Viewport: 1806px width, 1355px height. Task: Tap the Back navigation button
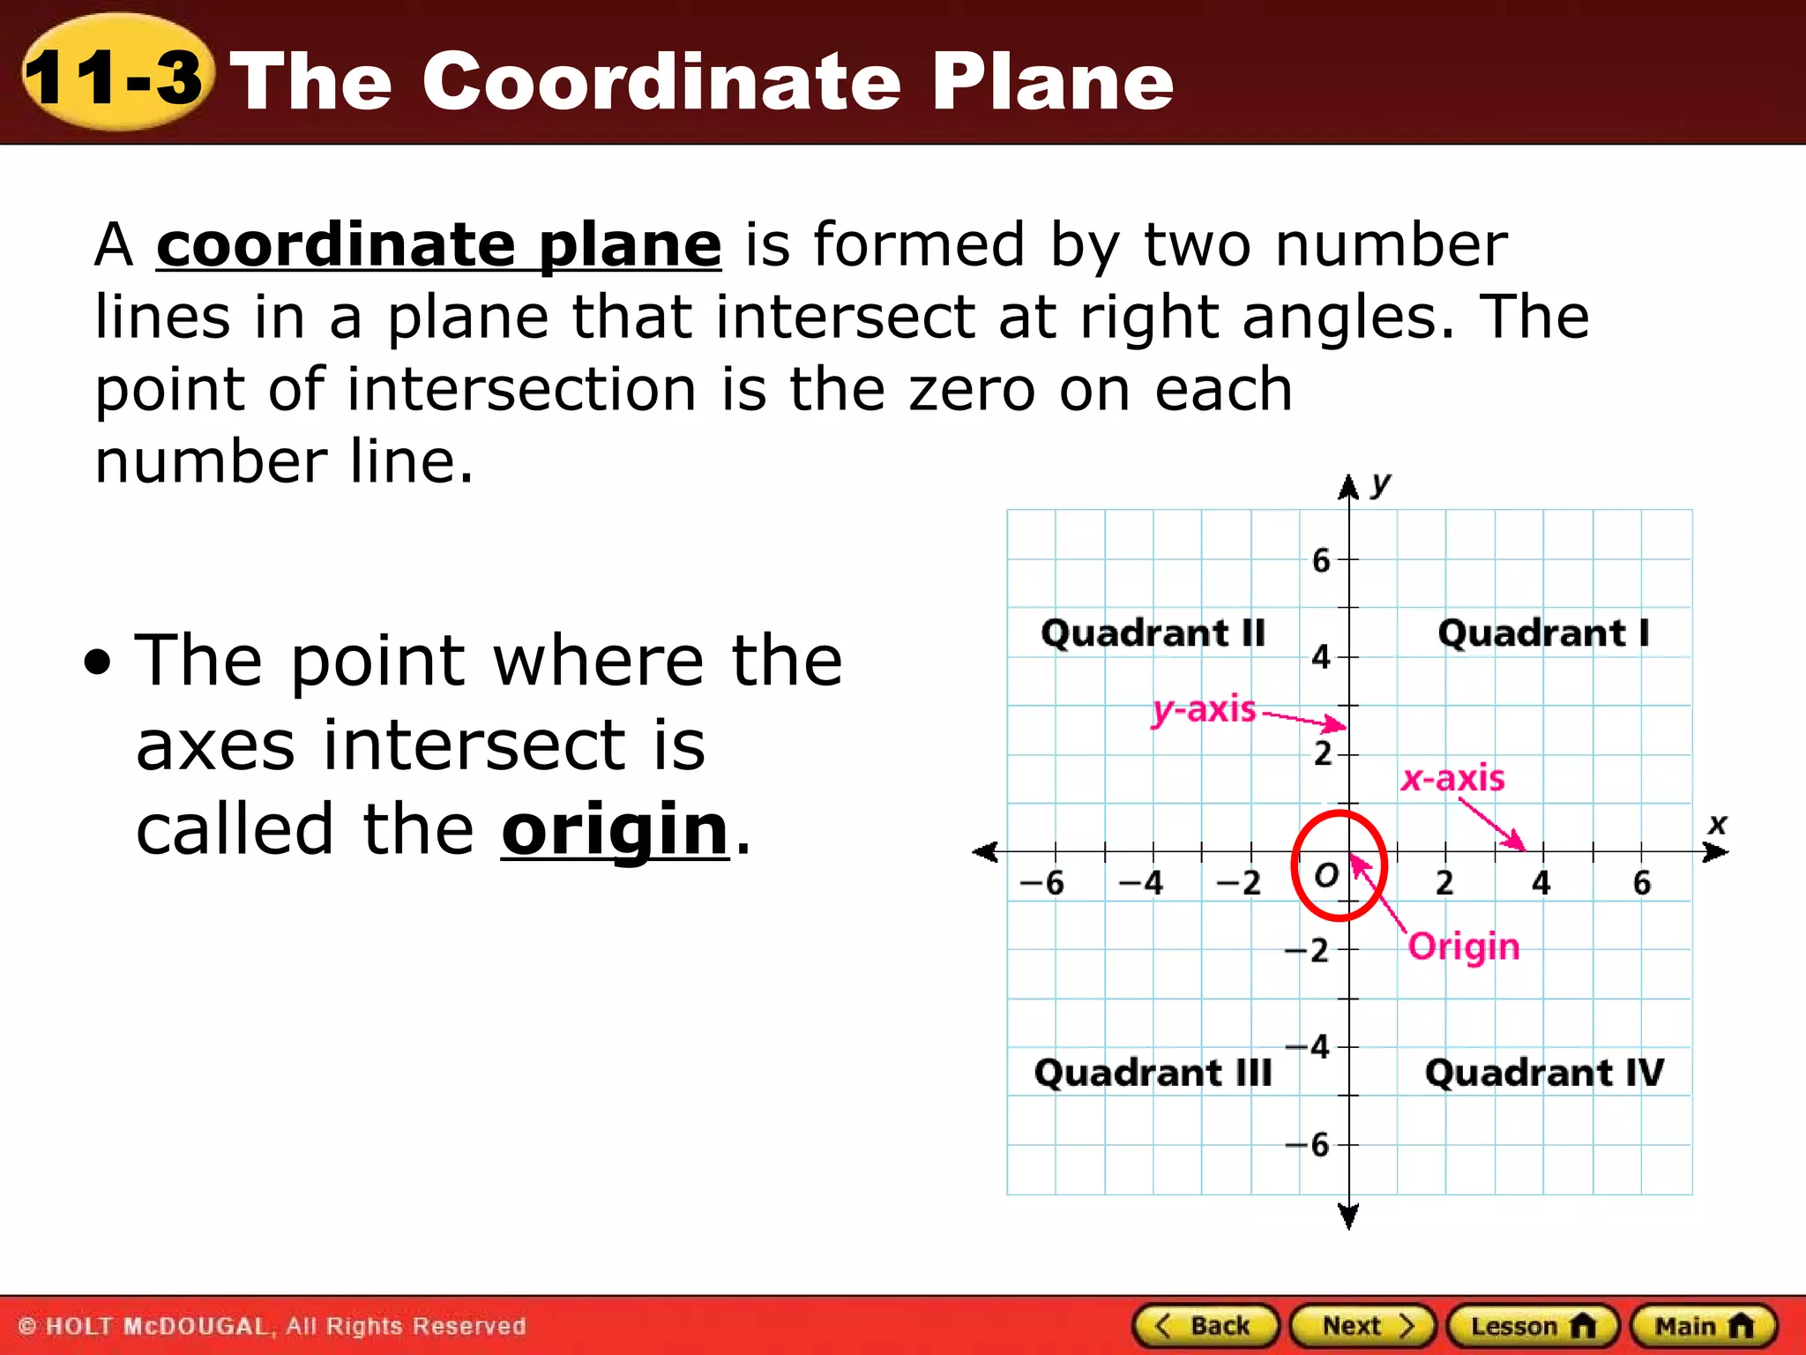point(1205,1326)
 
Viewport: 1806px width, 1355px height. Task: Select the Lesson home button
point(1533,1326)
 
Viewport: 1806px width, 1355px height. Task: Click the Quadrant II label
point(1153,633)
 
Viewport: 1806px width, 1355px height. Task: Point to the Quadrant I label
point(1543,633)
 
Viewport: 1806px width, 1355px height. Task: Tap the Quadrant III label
point(1153,1073)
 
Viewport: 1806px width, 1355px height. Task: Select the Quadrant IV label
point(1544,1073)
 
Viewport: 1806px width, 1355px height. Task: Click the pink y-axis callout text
point(1205,709)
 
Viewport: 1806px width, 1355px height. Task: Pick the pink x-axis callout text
point(1453,778)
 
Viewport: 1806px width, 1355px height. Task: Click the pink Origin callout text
point(1464,947)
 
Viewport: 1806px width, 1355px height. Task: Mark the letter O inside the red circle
point(1326,875)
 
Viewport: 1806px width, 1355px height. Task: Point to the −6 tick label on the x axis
point(1042,882)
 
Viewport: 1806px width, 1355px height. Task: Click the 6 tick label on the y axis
point(1321,560)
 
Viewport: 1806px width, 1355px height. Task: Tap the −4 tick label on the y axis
point(1308,1047)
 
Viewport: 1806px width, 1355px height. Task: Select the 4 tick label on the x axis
point(1541,882)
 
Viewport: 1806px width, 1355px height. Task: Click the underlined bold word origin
point(615,829)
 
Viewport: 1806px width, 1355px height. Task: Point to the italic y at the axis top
point(1381,483)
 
